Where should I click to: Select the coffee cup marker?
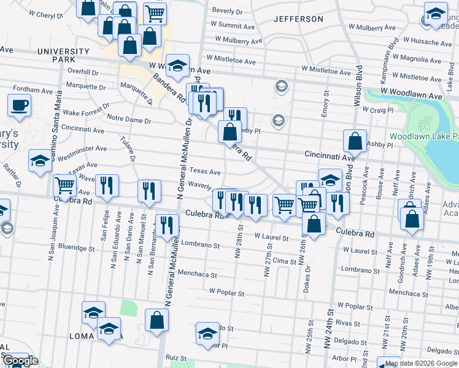(x=19, y=105)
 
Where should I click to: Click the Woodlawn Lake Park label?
(x=423, y=135)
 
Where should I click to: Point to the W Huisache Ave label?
(x=428, y=43)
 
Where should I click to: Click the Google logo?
(x=20, y=361)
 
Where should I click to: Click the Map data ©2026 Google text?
(x=421, y=363)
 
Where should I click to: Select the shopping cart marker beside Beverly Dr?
(x=155, y=12)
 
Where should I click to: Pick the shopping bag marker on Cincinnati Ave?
(x=355, y=140)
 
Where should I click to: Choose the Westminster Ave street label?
(x=77, y=148)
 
